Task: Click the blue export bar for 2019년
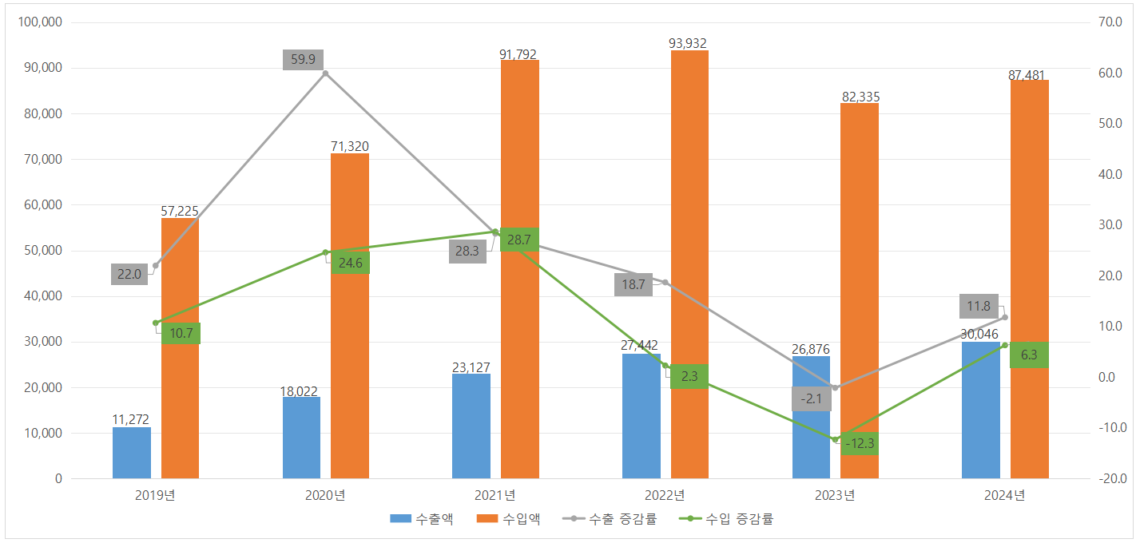pos(132,453)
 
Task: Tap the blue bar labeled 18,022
pos(301,438)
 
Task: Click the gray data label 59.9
pos(303,59)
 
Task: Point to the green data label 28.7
pos(519,240)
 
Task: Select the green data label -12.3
pos(860,443)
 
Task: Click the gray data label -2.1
pos(811,399)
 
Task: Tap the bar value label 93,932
pos(688,43)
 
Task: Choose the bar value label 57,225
pos(180,211)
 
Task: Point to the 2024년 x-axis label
pos(1005,495)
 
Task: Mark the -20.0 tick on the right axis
pos(1110,479)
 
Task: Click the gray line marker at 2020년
pos(325,73)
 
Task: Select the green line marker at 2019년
pos(156,323)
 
